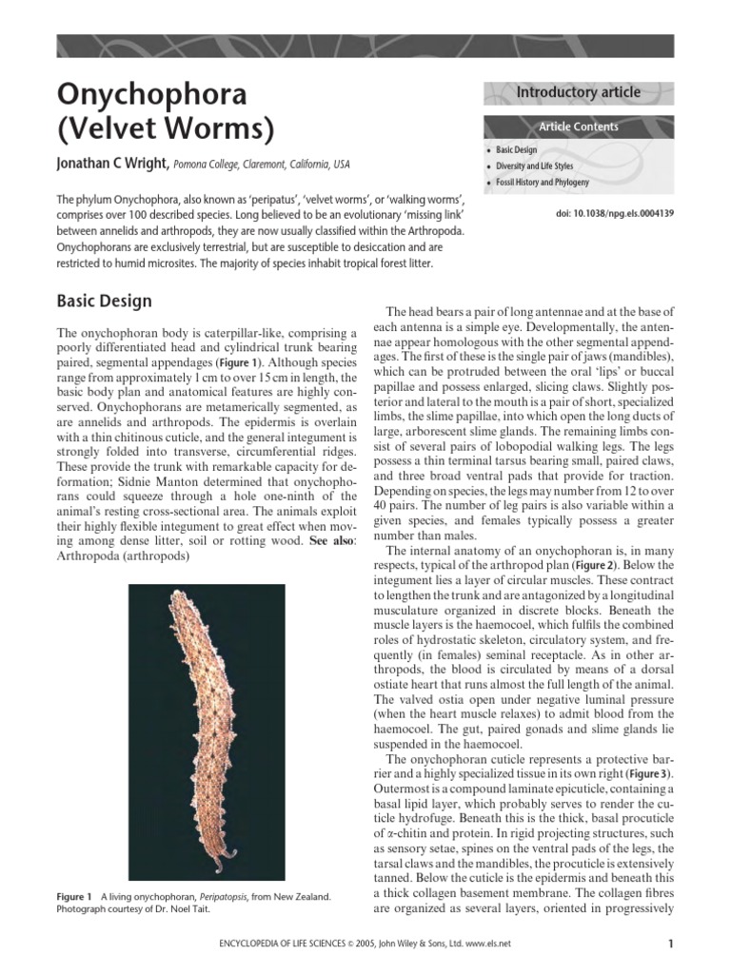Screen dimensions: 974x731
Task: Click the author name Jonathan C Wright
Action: pos(113,165)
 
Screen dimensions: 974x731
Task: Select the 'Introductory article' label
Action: pos(578,92)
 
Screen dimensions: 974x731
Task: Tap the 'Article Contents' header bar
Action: pos(578,127)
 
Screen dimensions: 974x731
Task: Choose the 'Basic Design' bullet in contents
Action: pos(518,150)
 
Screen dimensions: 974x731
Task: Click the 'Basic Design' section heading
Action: pos(104,302)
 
